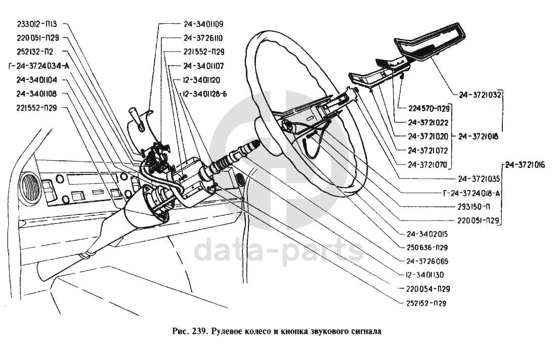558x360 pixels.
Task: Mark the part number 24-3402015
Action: coord(427,234)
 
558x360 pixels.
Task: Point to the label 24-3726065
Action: coord(427,261)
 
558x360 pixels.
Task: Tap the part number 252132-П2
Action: coord(34,51)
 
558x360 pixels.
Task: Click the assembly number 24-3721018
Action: coord(478,136)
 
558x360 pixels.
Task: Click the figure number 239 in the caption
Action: coord(199,332)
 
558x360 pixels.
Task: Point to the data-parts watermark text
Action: coord(279,251)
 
